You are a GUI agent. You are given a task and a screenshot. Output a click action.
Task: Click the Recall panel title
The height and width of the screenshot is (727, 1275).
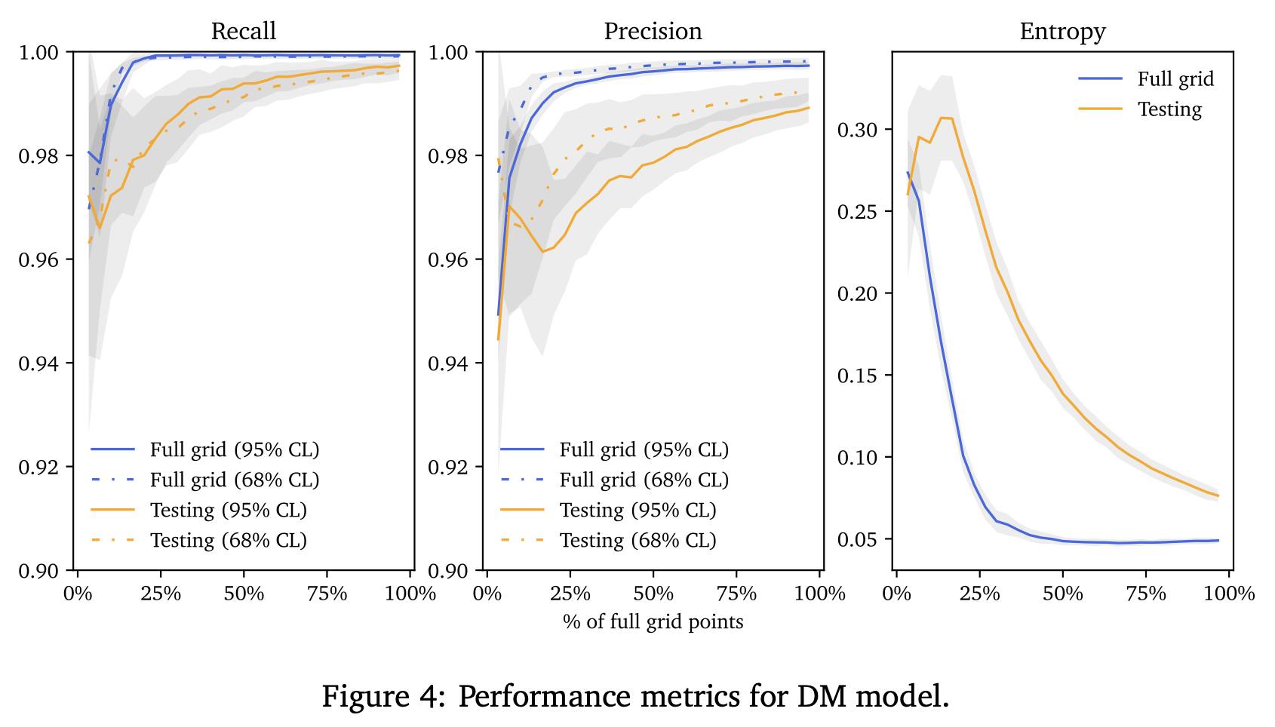(x=243, y=31)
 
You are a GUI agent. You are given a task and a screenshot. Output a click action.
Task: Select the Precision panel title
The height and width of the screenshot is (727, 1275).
(x=653, y=31)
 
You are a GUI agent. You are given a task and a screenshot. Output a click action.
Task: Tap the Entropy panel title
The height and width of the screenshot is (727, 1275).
(x=1062, y=31)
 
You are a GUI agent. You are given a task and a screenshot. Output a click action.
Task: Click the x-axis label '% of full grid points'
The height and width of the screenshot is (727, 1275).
(x=653, y=622)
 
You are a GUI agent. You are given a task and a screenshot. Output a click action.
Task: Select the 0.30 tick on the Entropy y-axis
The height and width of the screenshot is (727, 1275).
(x=857, y=130)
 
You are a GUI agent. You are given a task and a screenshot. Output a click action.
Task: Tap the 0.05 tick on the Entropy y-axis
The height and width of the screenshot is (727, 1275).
(x=857, y=540)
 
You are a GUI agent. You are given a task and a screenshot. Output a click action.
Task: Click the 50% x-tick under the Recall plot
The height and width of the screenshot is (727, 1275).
(x=244, y=594)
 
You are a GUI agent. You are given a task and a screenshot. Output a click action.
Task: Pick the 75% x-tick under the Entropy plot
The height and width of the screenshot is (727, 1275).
(x=1145, y=594)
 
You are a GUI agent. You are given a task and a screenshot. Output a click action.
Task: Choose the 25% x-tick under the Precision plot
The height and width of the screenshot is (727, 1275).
(x=570, y=594)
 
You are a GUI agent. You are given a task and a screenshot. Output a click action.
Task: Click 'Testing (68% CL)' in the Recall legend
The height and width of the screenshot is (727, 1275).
(x=228, y=541)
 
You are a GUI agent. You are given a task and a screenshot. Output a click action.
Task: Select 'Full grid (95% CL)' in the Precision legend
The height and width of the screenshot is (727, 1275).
(x=644, y=450)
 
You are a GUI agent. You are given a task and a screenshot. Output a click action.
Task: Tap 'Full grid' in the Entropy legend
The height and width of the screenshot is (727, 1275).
(x=1175, y=79)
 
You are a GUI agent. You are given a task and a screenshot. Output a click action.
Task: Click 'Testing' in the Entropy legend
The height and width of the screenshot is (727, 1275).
(x=1169, y=109)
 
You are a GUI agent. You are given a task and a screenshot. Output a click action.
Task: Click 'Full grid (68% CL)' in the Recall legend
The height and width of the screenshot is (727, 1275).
(x=234, y=480)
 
